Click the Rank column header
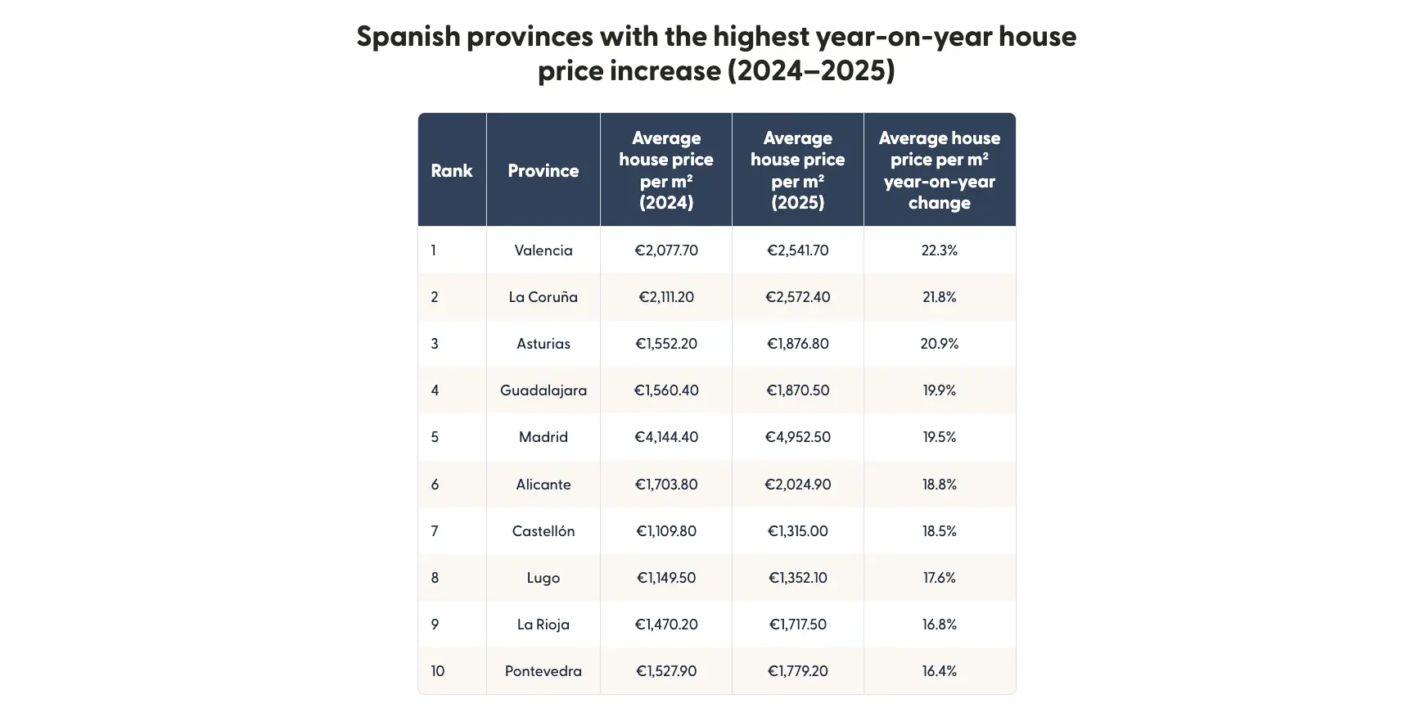tap(452, 170)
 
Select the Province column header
tap(543, 170)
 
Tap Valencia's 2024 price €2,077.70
tap(666, 250)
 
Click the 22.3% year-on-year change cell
tap(939, 250)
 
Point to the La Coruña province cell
tap(543, 297)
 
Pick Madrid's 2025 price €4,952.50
tap(797, 437)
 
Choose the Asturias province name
tap(543, 344)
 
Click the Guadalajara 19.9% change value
tap(939, 390)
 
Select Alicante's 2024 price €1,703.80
tap(666, 485)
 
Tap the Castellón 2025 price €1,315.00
tap(797, 531)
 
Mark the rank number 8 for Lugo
tap(435, 578)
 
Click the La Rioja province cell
tap(543, 625)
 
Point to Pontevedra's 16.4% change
tap(939, 671)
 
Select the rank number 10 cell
tap(438, 671)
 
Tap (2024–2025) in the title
tap(811, 71)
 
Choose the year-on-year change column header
tap(939, 170)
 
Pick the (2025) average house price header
tap(797, 170)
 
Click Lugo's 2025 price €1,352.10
tap(797, 578)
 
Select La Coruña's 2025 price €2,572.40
tap(797, 297)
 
